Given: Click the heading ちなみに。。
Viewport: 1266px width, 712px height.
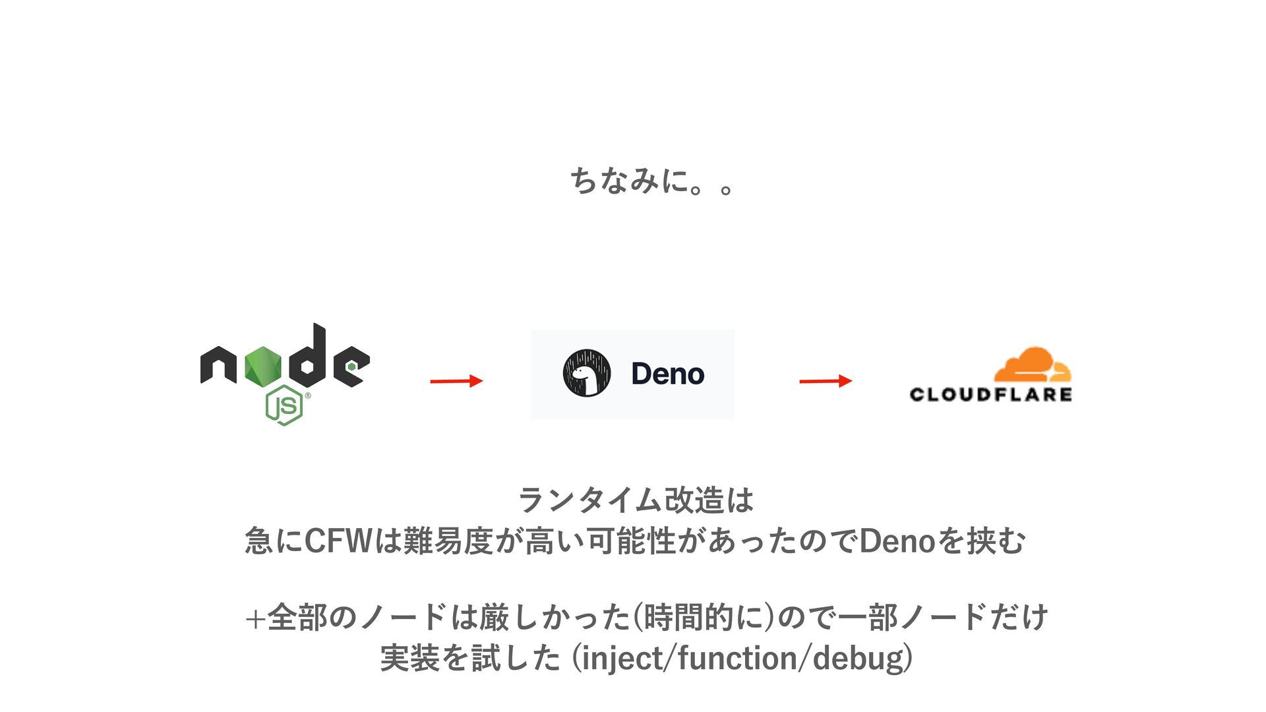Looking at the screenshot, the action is coord(651,181).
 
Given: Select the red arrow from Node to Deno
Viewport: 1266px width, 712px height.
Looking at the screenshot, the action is coord(456,380).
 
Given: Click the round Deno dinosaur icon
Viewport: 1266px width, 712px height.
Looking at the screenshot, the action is coord(586,373).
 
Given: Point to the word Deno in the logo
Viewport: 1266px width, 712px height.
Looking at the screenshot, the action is coord(667,374).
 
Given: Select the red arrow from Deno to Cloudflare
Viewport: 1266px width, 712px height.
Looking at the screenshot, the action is coord(826,380).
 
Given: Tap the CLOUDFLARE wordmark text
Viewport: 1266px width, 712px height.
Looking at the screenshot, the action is coord(990,394).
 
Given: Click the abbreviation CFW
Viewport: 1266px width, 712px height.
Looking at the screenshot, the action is coord(338,541).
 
